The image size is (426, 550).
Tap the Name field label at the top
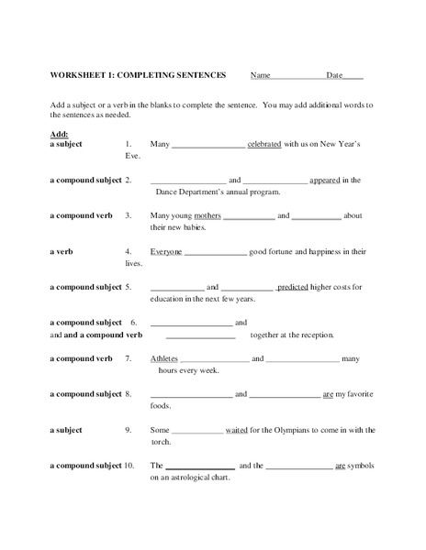coord(261,75)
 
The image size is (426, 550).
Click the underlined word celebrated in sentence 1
coord(270,145)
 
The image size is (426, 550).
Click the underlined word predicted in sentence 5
coord(293,287)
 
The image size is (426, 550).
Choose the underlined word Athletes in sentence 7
coord(165,358)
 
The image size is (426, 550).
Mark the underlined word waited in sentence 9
coord(238,430)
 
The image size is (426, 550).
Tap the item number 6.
coord(133,323)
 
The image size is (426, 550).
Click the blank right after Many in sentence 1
coord(208,145)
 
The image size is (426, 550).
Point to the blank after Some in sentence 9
coord(197,430)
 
